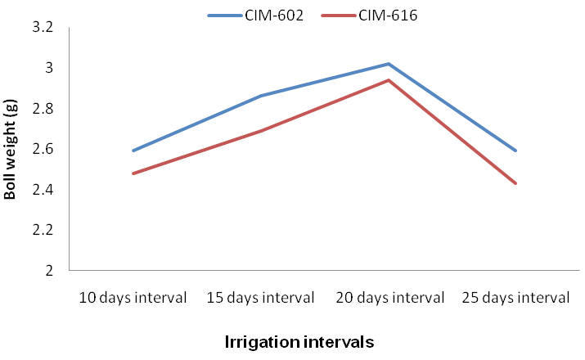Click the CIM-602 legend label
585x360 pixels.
pos(274,16)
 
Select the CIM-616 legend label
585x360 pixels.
pos(388,16)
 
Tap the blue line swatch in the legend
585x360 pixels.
pos(225,16)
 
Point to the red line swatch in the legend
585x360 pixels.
pos(339,16)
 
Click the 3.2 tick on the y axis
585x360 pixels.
pos(43,27)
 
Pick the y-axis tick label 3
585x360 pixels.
pos(49,68)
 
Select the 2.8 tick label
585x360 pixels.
pos(43,109)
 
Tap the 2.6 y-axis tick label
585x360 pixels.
pos(43,149)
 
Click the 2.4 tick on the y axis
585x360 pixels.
pos(43,190)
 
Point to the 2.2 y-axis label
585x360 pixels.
pos(43,230)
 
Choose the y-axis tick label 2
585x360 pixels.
pos(49,271)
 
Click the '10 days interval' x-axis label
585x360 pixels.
pos(133,298)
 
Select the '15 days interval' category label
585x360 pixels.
pos(260,298)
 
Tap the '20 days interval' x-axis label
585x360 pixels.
pos(390,298)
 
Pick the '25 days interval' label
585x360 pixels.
pos(515,298)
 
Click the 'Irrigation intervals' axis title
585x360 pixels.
pos(299,342)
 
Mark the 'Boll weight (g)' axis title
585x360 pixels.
pos(10,149)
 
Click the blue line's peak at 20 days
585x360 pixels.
pos(389,64)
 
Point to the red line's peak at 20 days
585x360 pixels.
pos(389,80)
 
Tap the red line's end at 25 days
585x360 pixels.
pos(515,183)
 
